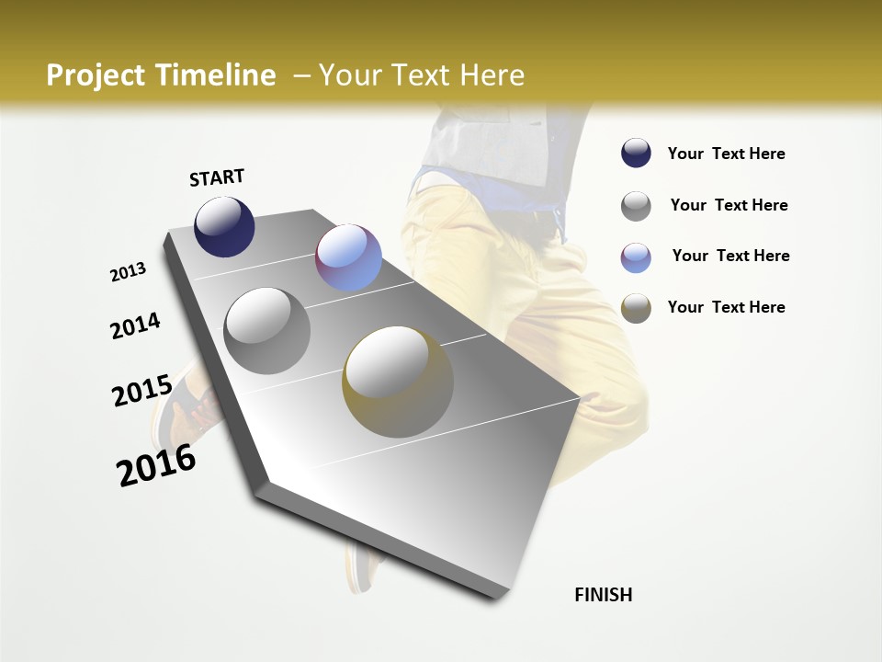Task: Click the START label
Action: (217, 177)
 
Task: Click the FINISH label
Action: (603, 595)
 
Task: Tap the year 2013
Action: (129, 272)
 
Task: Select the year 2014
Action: (135, 325)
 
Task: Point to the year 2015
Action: (142, 391)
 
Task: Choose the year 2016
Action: (156, 464)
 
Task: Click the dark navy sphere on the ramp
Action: (224, 226)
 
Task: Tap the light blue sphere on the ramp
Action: (348, 257)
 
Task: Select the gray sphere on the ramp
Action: (266, 330)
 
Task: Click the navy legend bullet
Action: (636, 154)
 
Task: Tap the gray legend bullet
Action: (636, 206)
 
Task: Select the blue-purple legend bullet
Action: (636, 257)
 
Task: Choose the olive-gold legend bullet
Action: (636, 308)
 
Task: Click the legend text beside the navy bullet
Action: (726, 154)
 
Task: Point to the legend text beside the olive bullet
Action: (726, 307)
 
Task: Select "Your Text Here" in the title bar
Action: (421, 75)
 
